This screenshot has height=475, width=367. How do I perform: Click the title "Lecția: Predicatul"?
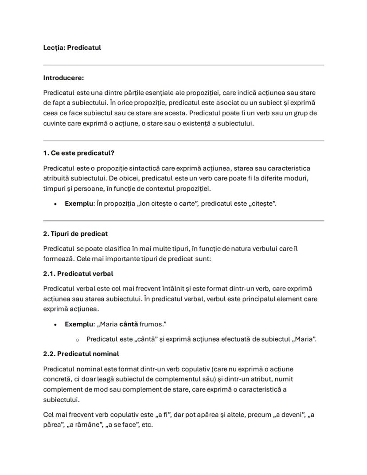pos(72,47)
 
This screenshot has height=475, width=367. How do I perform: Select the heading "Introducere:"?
pos(63,78)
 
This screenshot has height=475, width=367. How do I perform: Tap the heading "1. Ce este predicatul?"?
pos(78,153)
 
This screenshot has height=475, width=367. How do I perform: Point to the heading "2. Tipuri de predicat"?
pos(75,234)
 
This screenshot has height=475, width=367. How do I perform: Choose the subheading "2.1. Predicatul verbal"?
pos(78,274)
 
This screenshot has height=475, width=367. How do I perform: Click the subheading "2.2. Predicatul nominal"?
pos(81,354)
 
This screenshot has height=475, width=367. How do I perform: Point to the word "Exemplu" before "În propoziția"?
pos(79,204)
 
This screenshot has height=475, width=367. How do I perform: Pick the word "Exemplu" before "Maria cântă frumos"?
pos(79,324)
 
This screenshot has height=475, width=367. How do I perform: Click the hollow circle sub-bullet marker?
pos(77,340)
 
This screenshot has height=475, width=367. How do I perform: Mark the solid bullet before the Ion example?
pos(55,204)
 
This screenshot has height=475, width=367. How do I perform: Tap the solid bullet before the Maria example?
pos(55,325)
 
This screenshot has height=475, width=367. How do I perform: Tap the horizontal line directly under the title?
pos(183,65)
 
